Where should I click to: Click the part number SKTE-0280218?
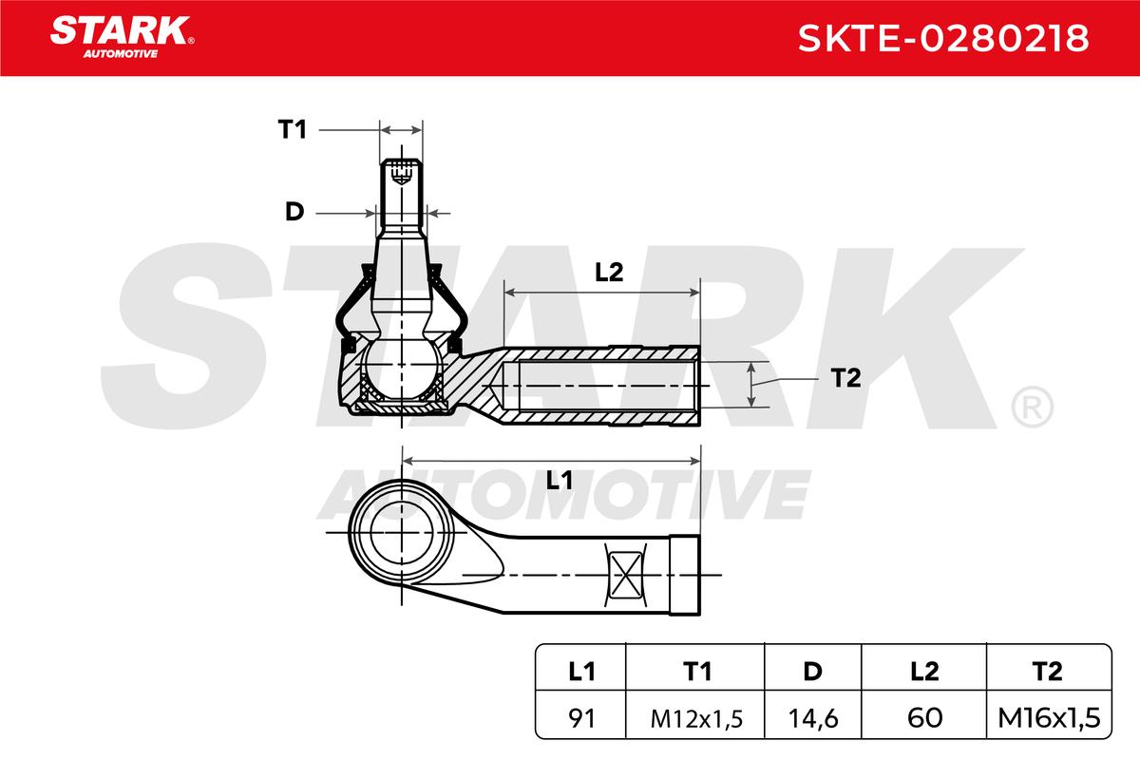tap(943, 38)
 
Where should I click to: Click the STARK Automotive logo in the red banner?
tap(123, 37)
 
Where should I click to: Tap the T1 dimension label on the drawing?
tap(293, 129)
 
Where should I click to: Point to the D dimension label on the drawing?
tap(294, 211)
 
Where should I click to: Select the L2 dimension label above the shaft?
tap(609, 273)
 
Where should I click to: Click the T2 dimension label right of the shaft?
tap(845, 378)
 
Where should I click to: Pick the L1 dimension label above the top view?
tap(560, 480)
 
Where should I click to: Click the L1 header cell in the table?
tap(580, 672)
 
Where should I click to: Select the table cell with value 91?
tap(580, 718)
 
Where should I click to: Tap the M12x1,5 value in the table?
tap(696, 719)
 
